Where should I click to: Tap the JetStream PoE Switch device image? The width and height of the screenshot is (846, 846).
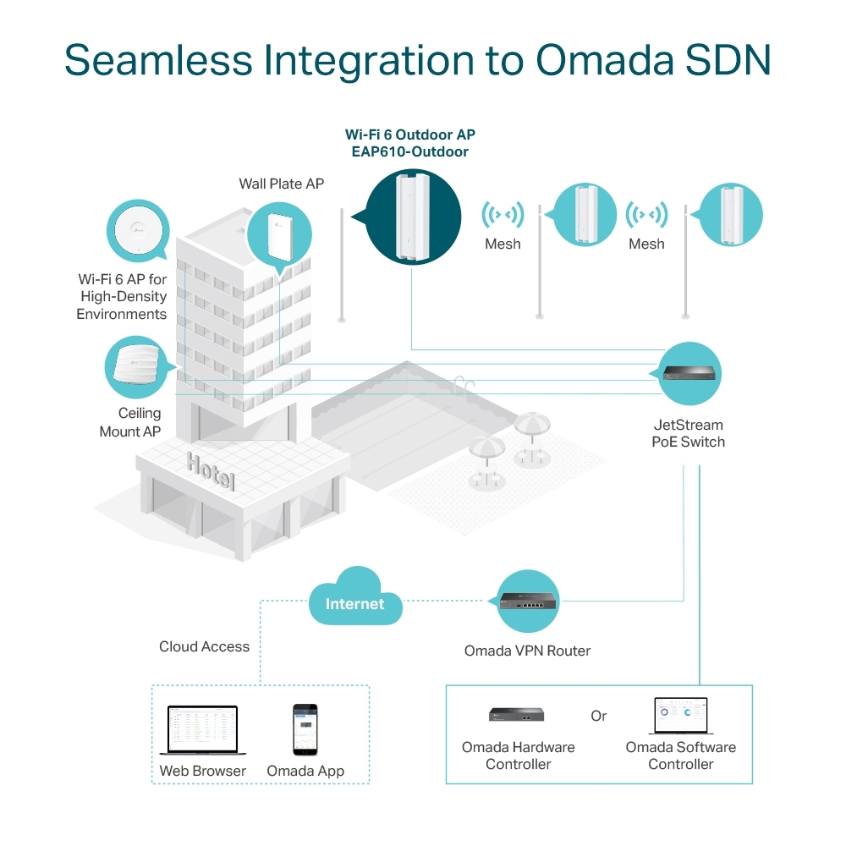click(x=689, y=373)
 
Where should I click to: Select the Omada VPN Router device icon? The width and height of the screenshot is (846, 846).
click(x=528, y=602)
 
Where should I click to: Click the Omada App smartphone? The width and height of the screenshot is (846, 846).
click(x=305, y=729)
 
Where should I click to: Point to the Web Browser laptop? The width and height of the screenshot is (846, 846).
click(x=199, y=731)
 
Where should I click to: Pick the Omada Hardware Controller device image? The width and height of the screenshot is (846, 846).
click(x=516, y=715)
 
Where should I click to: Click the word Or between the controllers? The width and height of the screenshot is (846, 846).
click(x=599, y=716)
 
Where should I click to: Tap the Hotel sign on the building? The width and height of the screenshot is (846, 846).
click(x=211, y=470)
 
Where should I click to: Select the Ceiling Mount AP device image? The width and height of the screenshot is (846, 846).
click(x=135, y=365)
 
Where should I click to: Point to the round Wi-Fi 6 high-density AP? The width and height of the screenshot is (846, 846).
click(x=137, y=229)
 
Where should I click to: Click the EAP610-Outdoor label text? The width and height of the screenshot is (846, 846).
click(x=409, y=152)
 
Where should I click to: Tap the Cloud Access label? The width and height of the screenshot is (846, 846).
click(x=204, y=646)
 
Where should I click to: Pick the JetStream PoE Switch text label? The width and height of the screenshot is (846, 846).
click(x=688, y=433)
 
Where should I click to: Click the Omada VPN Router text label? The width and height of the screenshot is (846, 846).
click(x=527, y=651)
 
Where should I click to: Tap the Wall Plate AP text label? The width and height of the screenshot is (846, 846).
click(x=281, y=184)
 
